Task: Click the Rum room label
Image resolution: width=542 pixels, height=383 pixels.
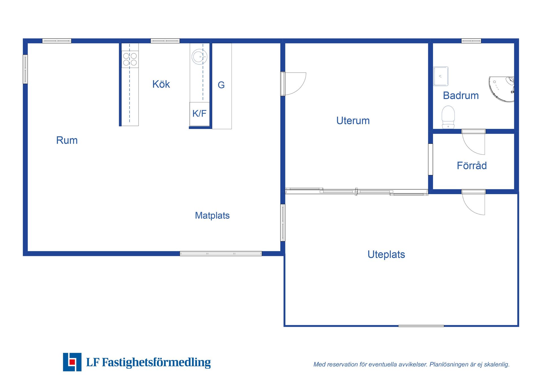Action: (67, 140)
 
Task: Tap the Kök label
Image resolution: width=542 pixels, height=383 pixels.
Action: (161, 84)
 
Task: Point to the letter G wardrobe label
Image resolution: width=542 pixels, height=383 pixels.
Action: (221, 85)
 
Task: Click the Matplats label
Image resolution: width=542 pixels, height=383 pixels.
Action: (212, 216)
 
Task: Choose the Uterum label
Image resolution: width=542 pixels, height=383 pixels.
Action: (353, 121)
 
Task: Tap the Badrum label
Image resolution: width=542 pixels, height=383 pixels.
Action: (461, 95)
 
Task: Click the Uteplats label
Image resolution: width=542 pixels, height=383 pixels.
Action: (386, 255)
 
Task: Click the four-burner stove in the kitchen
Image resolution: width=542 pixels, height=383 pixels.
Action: (130, 59)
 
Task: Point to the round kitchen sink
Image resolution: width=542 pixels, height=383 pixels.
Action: (200, 56)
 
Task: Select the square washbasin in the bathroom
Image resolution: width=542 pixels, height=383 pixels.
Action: (441, 76)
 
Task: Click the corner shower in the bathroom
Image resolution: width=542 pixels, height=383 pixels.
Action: (502, 89)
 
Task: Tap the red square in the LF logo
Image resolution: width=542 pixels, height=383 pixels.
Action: (72, 362)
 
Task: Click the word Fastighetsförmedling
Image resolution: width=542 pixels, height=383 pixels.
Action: (156, 362)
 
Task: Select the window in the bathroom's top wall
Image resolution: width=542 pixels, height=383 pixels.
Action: (471, 41)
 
